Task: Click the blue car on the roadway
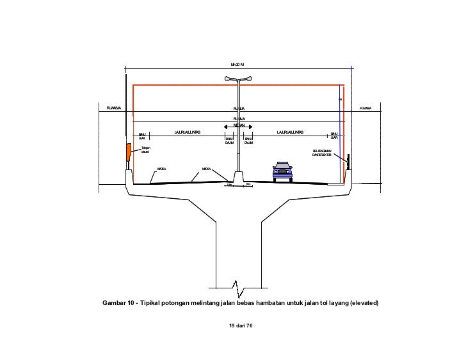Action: tap(282, 170)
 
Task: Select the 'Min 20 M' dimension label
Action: tap(237, 65)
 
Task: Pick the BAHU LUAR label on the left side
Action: tap(142, 136)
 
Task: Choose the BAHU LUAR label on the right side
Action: tap(333, 136)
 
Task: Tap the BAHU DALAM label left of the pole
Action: tap(229, 140)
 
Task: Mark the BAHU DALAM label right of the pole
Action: tap(248, 140)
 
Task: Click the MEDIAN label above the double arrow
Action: tap(239, 125)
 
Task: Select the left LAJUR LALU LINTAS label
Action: tap(187, 132)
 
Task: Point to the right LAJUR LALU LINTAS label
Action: tap(290, 132)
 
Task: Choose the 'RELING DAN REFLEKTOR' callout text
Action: tap(323, 153)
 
